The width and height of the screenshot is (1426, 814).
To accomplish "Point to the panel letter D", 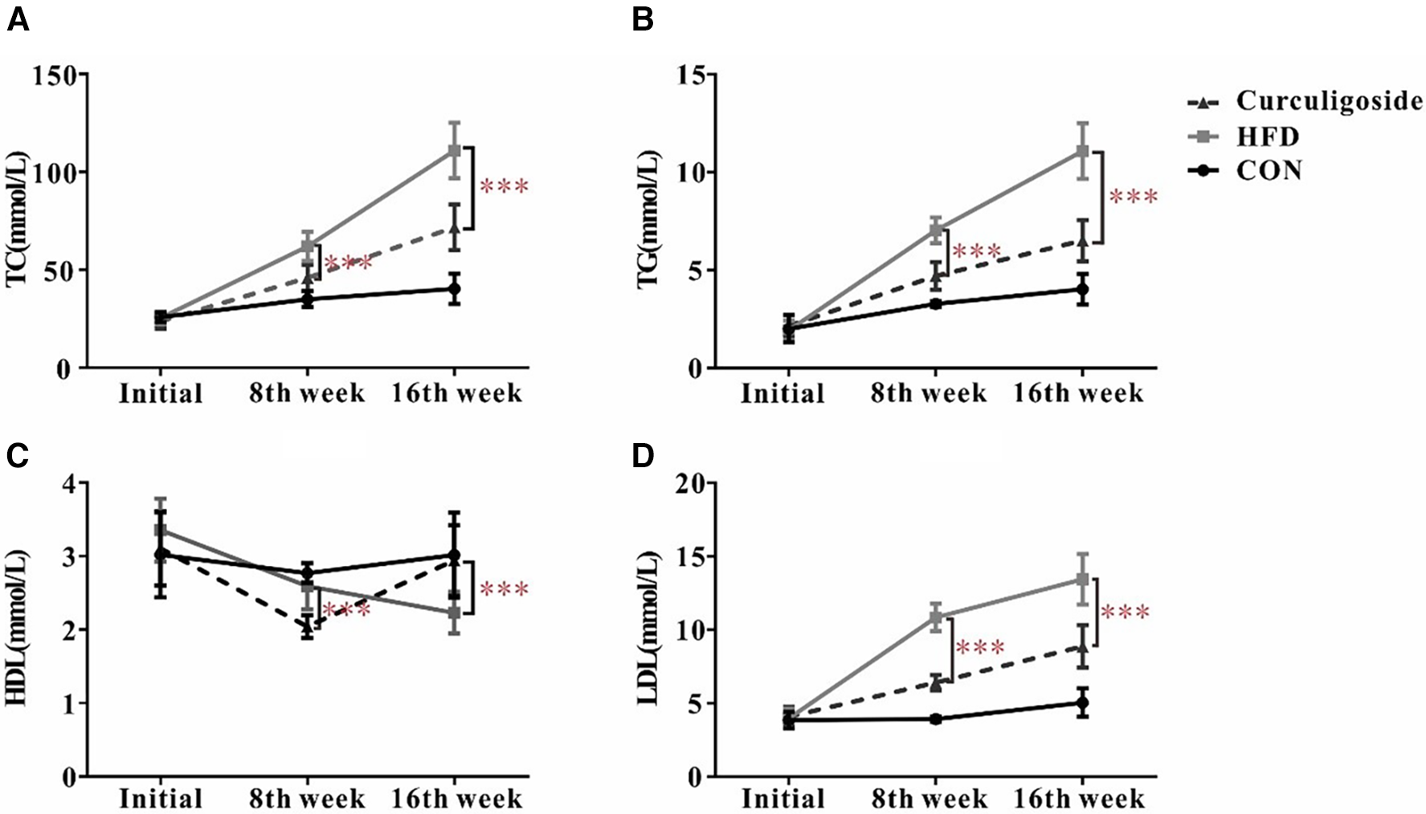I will (x=643, y=455).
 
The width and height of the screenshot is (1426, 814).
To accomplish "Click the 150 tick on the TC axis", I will (x=55, y=75).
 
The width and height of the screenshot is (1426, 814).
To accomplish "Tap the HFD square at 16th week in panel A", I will (x=454, y=150).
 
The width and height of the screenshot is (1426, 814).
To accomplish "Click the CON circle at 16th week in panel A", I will (x=454, y=288).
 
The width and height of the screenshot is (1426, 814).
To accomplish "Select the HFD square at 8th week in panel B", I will (x=935, y=230).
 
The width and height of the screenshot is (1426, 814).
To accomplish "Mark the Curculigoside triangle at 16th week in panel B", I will (x=1082, y=241).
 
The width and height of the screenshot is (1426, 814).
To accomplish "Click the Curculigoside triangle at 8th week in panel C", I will (x=307, y=627).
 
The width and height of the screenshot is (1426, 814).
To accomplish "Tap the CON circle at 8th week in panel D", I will (x=936, y=718).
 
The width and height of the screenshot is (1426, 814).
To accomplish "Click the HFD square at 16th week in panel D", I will (x=1082, y=579).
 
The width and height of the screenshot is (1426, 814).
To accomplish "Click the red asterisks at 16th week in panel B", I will (x=1133, y=197).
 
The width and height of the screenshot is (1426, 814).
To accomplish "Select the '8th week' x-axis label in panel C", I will (x=307, y=800).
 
